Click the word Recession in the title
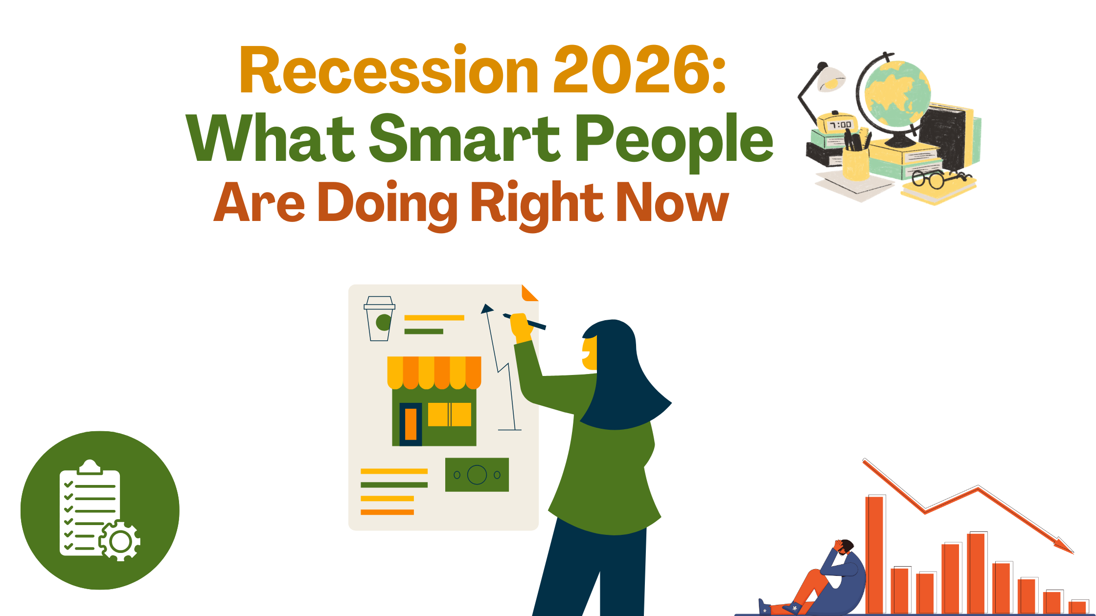[x=389, y=71]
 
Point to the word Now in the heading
[x=672, y=202]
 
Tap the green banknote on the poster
[x=477, y=475]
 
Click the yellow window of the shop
[x=449, y=414]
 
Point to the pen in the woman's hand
[x=526, y=321]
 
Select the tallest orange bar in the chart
[x=874, y=554]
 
